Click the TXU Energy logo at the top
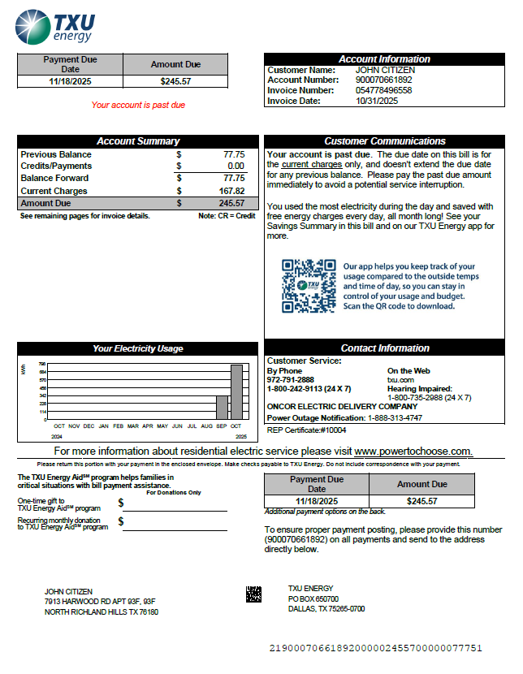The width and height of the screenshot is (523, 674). coord(56,25)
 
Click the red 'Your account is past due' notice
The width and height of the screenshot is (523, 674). coord(138,105)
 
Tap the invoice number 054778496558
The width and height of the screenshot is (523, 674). coord(383,90)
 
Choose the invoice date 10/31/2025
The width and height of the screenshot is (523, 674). coord(377,101)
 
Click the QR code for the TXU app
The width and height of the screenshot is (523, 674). coord(309,286)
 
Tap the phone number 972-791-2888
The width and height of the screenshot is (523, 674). coord(290,379)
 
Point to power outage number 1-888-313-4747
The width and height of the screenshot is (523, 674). coord(406,417)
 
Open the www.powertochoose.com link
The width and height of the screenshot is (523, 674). coord(413,451)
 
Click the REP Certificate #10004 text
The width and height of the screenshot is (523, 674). coord(306,430)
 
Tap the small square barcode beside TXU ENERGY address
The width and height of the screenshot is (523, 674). coord(253,594)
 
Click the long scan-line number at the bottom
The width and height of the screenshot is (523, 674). coord(375,648)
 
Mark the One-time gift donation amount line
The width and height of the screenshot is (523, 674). coord(175,506)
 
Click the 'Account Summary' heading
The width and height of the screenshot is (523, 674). coord(138,141)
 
